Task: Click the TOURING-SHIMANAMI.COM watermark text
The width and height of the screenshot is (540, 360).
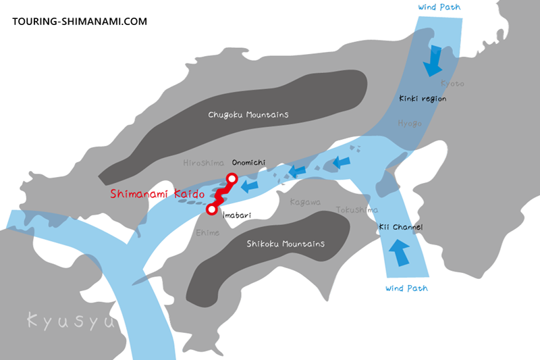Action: [x=80, y=22]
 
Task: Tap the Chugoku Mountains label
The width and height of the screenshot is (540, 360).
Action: [x=248, y=115]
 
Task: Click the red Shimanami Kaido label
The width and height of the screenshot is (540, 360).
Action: [x=156, y=194]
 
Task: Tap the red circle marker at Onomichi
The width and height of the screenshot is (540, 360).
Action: [x=232, y=179]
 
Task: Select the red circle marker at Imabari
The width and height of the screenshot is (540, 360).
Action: [x=212, y=209]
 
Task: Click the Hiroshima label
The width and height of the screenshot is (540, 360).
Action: [x=204, y=163]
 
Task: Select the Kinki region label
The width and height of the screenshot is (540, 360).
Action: [x=423, y=99]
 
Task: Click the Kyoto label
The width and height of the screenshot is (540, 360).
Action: [x=452, y=83]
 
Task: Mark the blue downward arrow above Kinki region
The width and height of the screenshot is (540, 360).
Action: [x=431, y=61]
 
